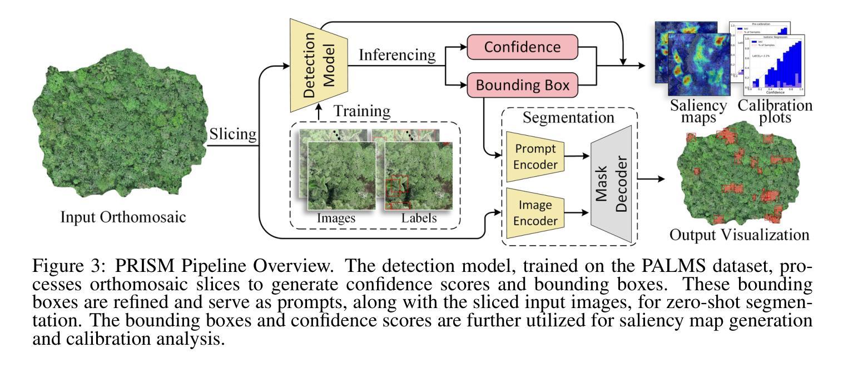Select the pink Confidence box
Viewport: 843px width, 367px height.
coord(522,48)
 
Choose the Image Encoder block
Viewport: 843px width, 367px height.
coord(535,213)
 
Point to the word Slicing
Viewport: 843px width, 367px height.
coord(233,135)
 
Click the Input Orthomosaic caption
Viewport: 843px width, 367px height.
coord(123,216)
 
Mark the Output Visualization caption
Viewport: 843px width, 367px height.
coord(739,234)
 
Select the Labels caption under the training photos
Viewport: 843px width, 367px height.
coord(419,219)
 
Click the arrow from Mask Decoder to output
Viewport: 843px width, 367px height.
coord(653,179)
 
